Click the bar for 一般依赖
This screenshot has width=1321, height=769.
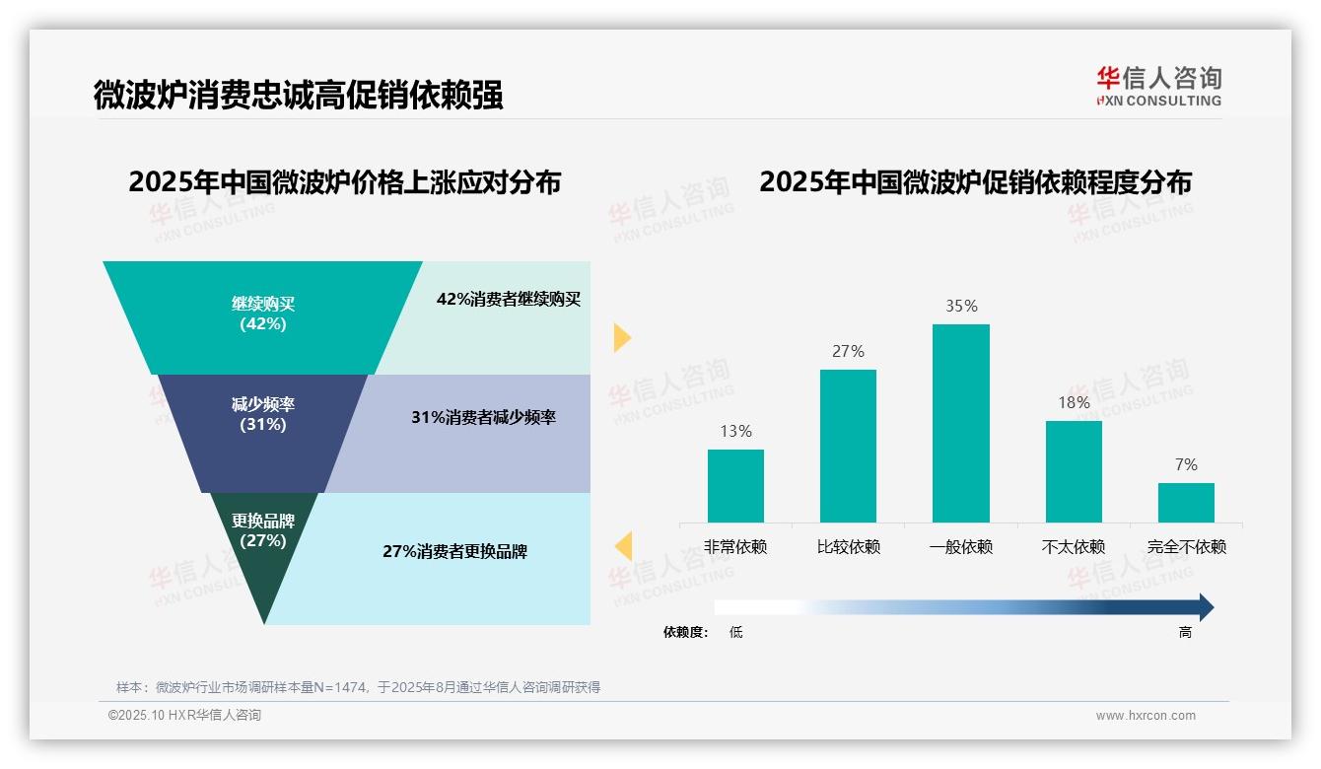click(960, 423)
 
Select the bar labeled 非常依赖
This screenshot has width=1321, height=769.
click(735, 485)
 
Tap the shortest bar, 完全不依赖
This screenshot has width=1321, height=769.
click(1186, 502)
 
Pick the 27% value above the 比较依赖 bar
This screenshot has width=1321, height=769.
click(848, 351)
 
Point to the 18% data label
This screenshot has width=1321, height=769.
click(1074, 402)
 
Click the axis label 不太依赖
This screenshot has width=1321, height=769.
click(1074, 547)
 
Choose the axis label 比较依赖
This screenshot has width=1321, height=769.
click(848, 547)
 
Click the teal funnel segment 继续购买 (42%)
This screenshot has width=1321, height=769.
click(262, 315)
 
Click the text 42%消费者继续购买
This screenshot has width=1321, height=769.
click(509, 300)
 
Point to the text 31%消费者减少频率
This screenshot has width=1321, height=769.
click(483, 417)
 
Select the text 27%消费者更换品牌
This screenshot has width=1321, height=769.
click(454, 551)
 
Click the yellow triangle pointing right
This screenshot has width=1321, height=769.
click(621, 337)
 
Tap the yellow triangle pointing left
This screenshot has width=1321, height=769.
click(623, 545)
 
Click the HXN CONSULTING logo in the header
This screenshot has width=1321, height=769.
click(1158, 87)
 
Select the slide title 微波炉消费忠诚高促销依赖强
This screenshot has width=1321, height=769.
click(299, 96)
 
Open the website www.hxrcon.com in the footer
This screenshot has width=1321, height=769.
click(1146, 716)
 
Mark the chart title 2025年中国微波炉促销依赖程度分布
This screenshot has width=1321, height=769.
click(975, 182)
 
